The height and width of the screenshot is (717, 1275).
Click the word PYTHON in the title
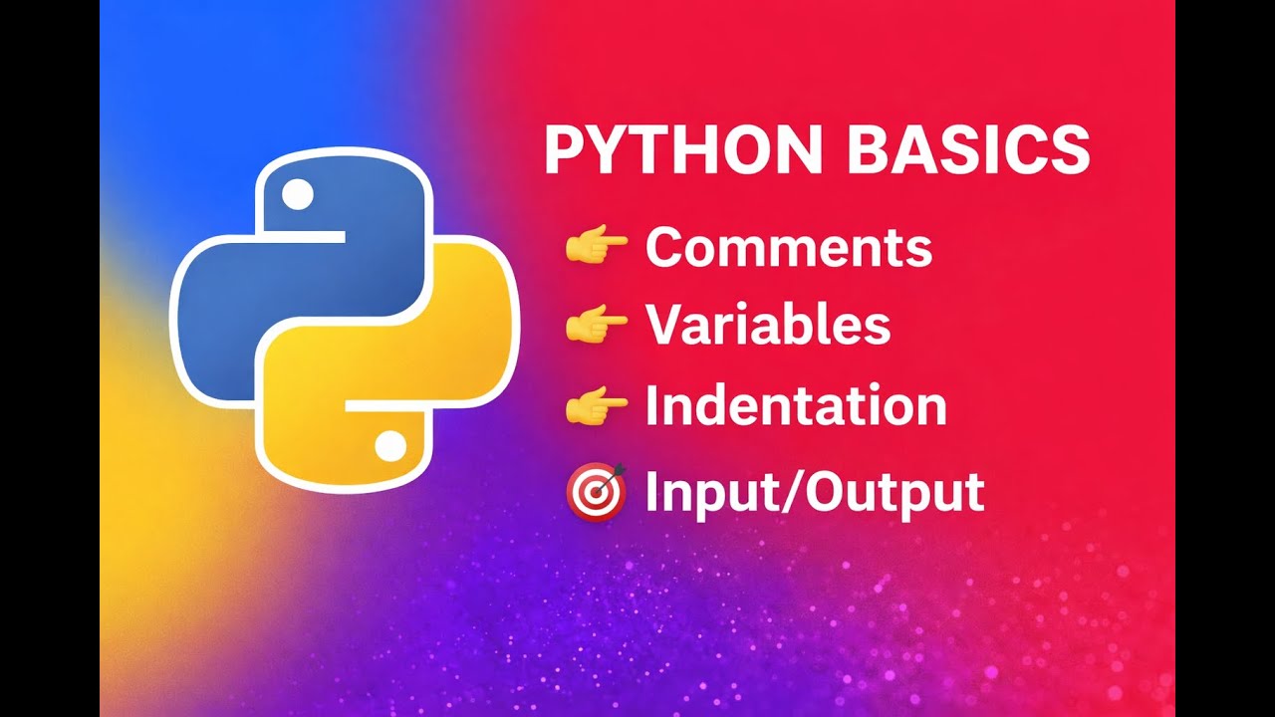tap(682, 151)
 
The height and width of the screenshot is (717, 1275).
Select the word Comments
tap(788, 247)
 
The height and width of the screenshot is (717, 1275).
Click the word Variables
tap(767, 324)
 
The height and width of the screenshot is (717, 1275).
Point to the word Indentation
tap(795, 406)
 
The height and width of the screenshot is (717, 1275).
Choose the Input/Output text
tap(814, 491)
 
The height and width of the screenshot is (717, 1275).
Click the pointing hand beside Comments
tap(596, 247)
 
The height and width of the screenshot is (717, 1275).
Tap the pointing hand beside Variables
tap(596, 325)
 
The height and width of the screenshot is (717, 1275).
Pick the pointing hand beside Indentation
tap(596, 406)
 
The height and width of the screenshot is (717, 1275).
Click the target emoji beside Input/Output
tap(596, 492)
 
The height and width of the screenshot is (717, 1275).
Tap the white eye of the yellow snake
tap(390, 446)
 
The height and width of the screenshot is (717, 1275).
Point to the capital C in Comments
tap(665, 247)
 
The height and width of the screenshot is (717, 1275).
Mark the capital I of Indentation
tap(652, 406)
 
